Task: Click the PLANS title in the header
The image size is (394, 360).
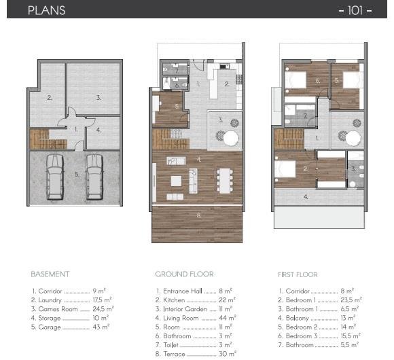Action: coord(47,10)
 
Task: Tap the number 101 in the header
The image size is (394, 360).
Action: coord(355,10)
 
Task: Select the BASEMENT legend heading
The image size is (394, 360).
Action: coord(50,274)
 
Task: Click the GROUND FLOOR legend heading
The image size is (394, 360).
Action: coord(184,274)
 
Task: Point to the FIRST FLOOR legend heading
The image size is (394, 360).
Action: coord(298,274)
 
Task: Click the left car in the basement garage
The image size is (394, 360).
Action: coord(54,177)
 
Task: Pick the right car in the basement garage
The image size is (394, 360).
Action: coord(94,177)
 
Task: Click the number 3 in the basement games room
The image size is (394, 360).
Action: coord(98,98)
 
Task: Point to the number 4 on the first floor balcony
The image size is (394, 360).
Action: coord(306,197)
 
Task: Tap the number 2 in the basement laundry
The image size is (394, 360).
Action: coord(49,98)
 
